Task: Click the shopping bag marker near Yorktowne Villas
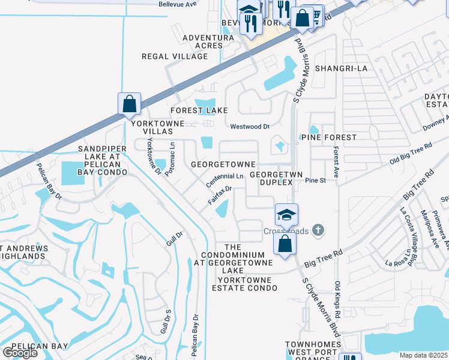(129, 104)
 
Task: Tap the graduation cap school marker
(286, 214)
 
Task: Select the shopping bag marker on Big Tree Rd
(285, 244)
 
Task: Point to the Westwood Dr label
(250, 127)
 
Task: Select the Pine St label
(315, 180)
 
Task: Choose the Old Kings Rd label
(337, 300)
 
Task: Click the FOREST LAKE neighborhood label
(199, 110)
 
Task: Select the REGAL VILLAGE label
(174, 56)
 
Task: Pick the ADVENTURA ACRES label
(208, 41)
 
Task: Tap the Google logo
(20, 353)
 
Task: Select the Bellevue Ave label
(178, 4)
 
